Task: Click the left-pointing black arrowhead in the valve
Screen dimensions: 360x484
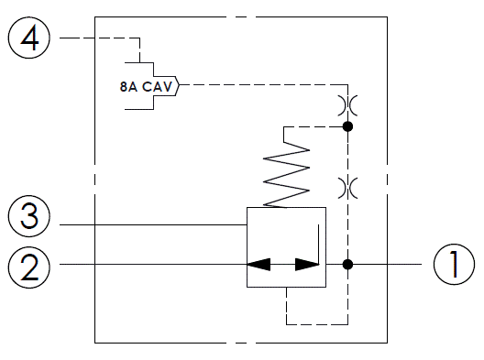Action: (258, 265)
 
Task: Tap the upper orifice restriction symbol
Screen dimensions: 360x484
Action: (346, 104)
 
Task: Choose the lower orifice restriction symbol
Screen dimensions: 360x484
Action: (346, 187)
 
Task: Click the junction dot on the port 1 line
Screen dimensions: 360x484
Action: (346, 265)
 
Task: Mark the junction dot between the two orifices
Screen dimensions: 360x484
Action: (346, 125)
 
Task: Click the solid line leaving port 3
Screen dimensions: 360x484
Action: (147, 223)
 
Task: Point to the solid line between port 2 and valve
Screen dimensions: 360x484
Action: (147, 265)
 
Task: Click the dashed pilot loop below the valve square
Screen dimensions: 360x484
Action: (316, 322)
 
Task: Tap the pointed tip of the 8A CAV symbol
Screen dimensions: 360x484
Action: (181, 87)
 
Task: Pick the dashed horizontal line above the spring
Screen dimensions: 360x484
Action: (316, 125)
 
